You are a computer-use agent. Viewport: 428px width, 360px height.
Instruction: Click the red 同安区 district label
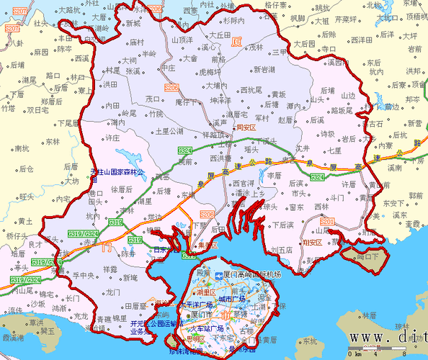click(x=246, y=127)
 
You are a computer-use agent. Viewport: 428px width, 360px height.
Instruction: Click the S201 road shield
click(x=328, y=221)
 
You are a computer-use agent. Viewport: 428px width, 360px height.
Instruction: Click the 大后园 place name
click(x=304, y=44)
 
